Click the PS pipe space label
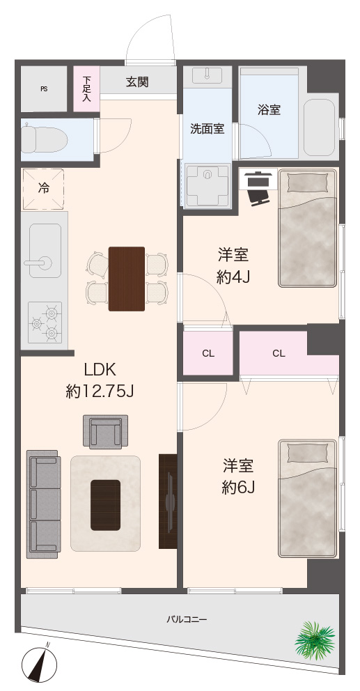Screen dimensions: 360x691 pyautogui.click(x=44, y=89)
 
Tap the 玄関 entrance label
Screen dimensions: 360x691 pyautogui.click(x=137, y=82)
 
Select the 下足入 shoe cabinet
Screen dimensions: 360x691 pyautogui.click(x=86, y=88)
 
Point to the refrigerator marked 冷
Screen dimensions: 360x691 pyautogui.click(x=43, y=189)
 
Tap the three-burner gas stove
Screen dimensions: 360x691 pyautogui.click(x=45, y=322)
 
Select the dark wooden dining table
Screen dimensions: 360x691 pyautogui.click(x=127, y=279)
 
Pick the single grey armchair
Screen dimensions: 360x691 pyautogui.click(x=106, y=431)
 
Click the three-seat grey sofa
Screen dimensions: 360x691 pyautogui.click(x=43, y=504)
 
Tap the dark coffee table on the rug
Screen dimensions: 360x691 pyautogui.click(x=105, y=504)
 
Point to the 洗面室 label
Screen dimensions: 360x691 pyautogui.click(x=207, y=129)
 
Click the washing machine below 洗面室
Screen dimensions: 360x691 pyautogui.click(x=208, y=185)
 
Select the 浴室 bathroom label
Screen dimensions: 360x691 pyautogui.click(x=269, y=110)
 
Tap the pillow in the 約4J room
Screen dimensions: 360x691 pyautogui.click(x=308, y=182)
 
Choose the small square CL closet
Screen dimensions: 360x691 pyautogui.click(x=208, y=352)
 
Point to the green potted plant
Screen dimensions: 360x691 pyautogui.click(x=315, y=639)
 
